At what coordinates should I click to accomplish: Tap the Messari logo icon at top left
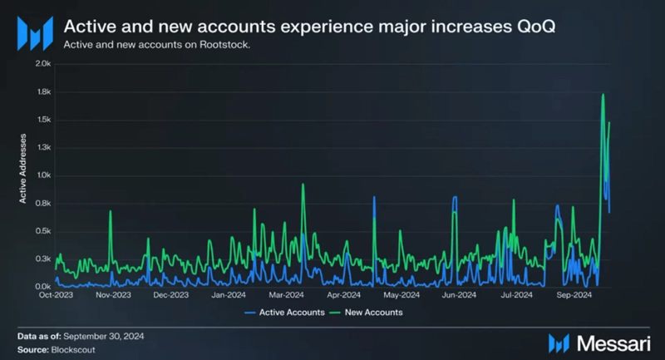click(x=36, y=36)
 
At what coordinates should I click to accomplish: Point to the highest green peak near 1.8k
click(x=603, y=95)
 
